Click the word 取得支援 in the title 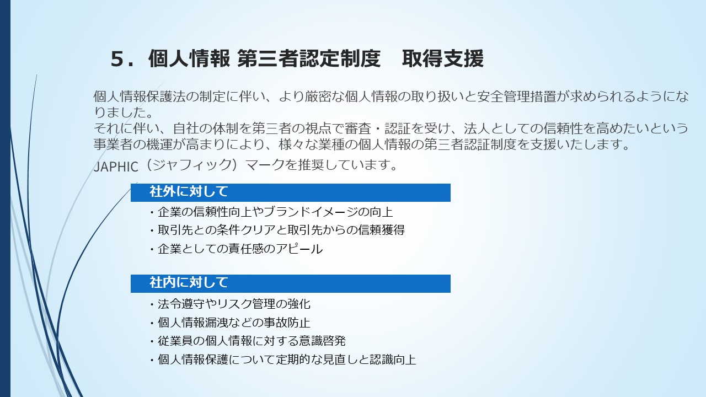click(442, 58)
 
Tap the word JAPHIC click(116, 167)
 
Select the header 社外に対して click(189, 191)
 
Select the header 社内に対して click(189, 282)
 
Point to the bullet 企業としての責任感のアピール click(237, 249)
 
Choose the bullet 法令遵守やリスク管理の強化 click(231, 304)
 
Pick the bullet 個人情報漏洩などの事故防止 click(231, 323)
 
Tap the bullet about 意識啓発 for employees click(248, 341)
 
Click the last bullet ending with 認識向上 click(283, 360)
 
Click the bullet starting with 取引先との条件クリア click(277, 230)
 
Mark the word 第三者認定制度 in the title click(308, 58)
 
